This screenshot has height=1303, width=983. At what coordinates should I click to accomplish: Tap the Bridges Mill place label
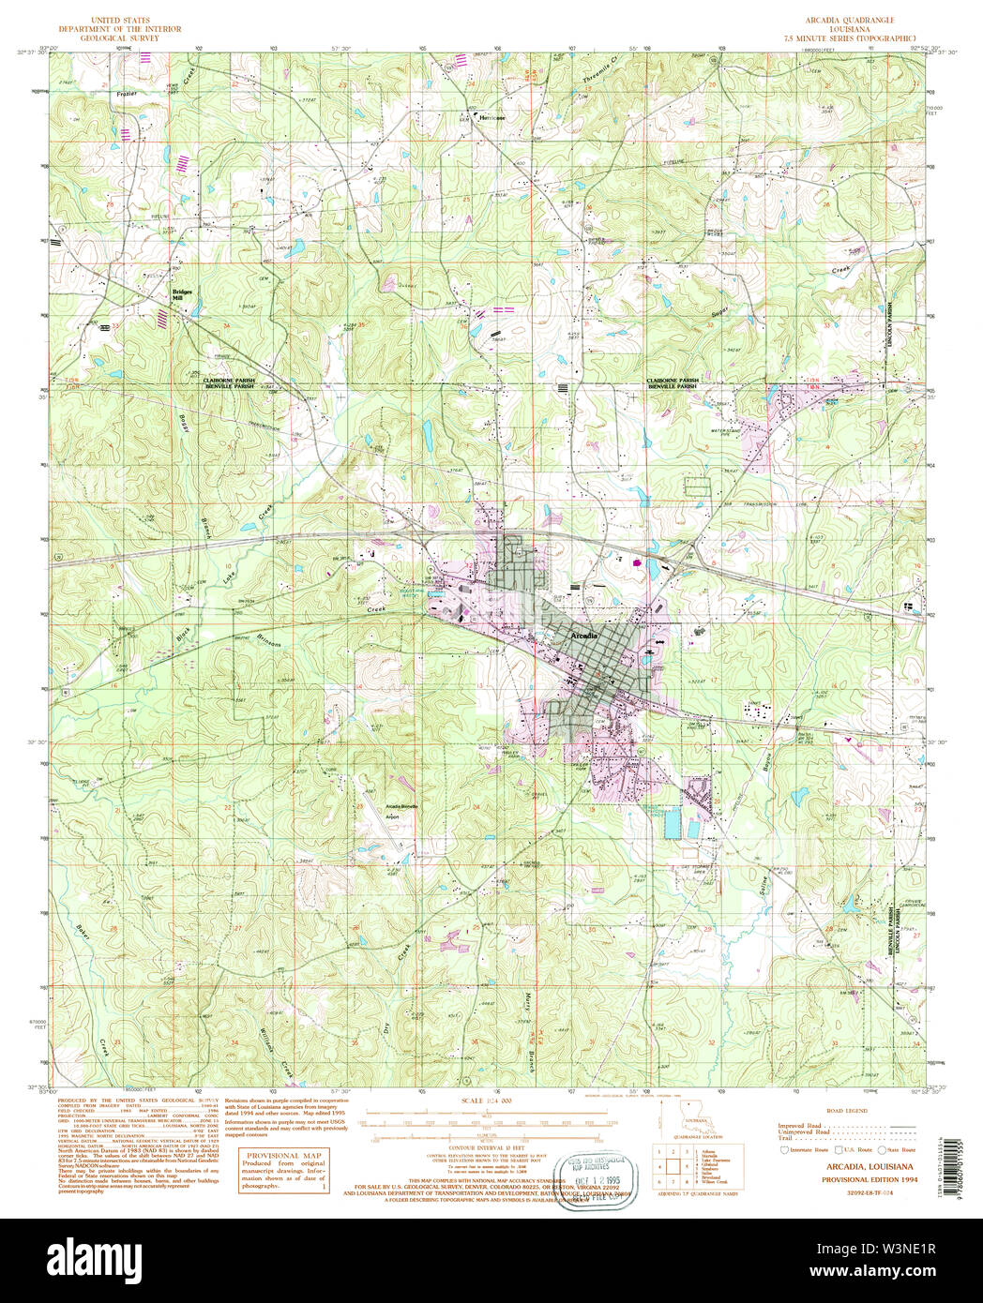click(182, 293)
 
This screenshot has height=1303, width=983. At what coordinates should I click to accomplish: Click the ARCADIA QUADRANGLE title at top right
click(849, 20)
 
